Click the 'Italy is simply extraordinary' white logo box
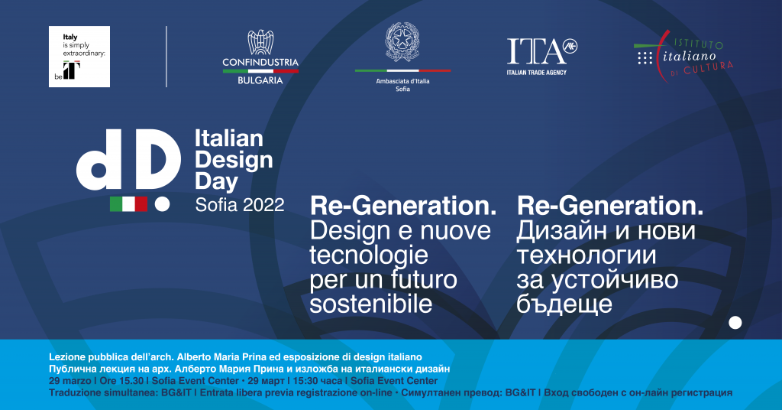click(79, 57)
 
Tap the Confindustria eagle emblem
click(260, 42)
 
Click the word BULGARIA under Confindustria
click(260, 80)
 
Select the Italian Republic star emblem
click(402, 41)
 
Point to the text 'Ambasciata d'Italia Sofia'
click(403, 85)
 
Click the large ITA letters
click(537, 51)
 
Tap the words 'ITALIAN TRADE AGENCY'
click(537, 73)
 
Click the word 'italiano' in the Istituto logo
click(690, 57)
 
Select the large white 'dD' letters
click(128, 160)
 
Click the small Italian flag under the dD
click(128, 203)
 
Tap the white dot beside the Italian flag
click(162, 204)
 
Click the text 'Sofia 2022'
click(239, 205)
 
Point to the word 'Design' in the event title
click(234, 160)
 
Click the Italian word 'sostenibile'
click(370, 304)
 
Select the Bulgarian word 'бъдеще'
click(564, 304)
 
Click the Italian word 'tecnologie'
click(369, 255)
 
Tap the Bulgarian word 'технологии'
click(586, 255)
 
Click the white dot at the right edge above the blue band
click(735, 323)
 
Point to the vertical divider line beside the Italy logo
click(166, 57)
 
